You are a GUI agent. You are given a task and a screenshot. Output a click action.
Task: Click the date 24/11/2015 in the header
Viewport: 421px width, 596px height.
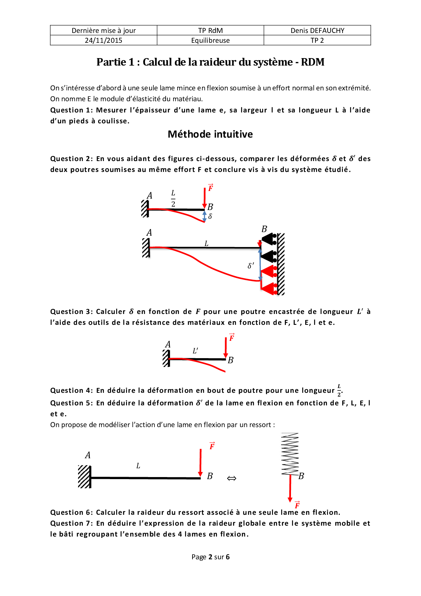(x=104, y=40)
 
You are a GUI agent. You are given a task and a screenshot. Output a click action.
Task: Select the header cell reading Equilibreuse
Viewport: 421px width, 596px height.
(x=210, y=40)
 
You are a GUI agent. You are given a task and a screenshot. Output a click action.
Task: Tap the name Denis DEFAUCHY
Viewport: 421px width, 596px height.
(x=317, y=31)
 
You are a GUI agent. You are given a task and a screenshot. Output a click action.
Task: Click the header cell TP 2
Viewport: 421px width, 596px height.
(x=317, y=40)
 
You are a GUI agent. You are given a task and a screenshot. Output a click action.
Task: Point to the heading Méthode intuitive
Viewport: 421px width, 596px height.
(x=210, y=134)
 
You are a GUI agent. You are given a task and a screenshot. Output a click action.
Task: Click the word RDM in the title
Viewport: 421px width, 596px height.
(x=312, y=62)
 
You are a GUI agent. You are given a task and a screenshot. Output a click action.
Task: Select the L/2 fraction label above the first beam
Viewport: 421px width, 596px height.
(x=173, y=198)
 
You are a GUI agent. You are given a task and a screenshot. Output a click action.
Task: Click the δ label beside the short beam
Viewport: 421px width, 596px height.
(x=210, y=216)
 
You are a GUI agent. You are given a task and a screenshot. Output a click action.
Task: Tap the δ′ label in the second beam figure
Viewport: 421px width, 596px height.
(x=251, y=266)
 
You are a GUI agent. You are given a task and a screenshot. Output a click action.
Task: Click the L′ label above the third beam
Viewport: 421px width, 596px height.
(x=195, y=351)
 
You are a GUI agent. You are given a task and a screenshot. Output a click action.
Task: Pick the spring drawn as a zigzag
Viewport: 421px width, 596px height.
(x=290, y=454)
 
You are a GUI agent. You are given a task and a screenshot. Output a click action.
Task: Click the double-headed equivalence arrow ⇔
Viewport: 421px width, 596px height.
(x=232, y=478)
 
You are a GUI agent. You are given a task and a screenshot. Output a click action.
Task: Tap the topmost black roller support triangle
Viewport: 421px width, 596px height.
(x=268, y=239)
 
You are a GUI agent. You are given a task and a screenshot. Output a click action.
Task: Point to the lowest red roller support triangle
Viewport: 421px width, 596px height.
(x=268, y=288)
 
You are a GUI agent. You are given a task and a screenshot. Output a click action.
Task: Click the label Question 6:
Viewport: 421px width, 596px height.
(x=72, y=512)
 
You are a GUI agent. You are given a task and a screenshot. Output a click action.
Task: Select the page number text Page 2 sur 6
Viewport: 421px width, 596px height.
(x=210, y=557)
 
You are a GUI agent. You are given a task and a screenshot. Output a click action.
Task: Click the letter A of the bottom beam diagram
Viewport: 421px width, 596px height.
(x=88, y=455)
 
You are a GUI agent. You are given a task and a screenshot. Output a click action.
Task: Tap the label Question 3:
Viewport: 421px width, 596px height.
(x=72, y=312)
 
